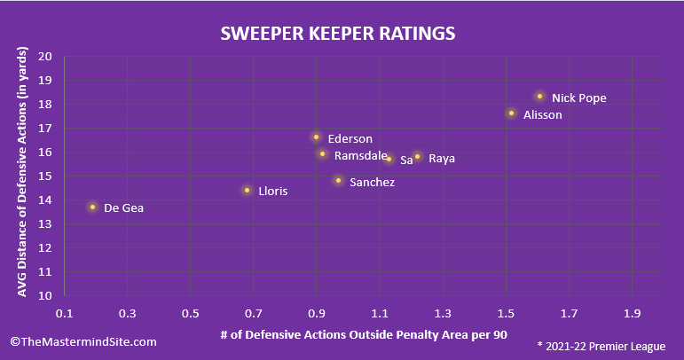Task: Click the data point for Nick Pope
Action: tap(539, 97)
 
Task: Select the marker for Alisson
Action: tap(511, 113)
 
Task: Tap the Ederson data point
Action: tap(316, 137)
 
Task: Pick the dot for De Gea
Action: tap(92, 207)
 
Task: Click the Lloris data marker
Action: tap(247, 190)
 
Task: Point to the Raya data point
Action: tap(417, 157)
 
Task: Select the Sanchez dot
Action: tap(338, 181)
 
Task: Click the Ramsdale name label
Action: tap(360, 156)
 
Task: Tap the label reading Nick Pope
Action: tap(578, 98)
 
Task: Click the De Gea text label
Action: tap(123, 208)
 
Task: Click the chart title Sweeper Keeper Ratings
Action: tap(338, 34)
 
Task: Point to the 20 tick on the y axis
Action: tap(44, 56)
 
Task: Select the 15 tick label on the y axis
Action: tap(44, 176)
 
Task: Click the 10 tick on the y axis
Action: tap(44, 295)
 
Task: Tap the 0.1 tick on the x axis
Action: tap(64, 314)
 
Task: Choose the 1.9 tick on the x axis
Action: tap(632, 314)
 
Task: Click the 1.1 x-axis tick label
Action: tap(380, 314)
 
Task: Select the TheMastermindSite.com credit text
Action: tap(83, 341)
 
